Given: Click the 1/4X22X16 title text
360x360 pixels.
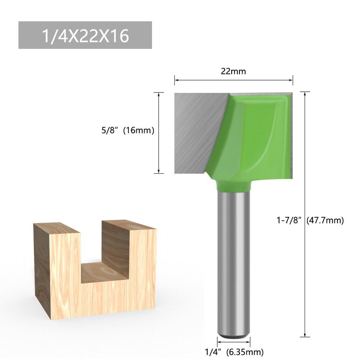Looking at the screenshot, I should coord(85,35).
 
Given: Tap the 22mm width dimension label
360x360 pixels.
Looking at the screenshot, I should coord(233,71).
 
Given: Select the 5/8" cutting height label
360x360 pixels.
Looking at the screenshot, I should coord(110,131).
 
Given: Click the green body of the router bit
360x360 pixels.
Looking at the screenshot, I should coord(252,137).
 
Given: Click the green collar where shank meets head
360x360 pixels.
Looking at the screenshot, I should coord(233,186).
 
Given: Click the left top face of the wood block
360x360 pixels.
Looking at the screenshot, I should coord(56,226).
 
